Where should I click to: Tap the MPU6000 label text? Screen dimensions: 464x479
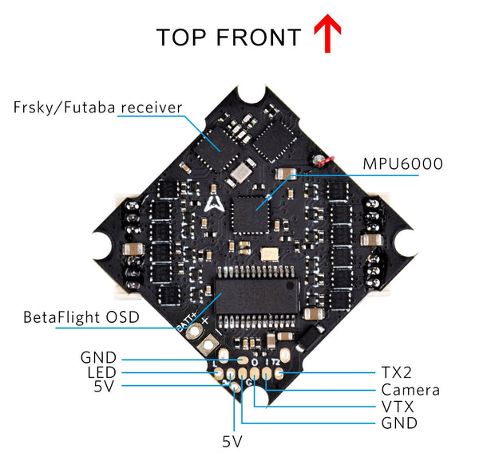402,164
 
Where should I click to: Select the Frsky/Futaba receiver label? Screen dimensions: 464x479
98,107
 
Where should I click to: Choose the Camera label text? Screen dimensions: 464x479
410,390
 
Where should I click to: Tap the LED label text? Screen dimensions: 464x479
102,373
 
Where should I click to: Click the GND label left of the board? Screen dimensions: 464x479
98,357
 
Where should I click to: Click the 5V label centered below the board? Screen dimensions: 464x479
232,441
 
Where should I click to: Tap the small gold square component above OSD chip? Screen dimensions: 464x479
269,254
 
